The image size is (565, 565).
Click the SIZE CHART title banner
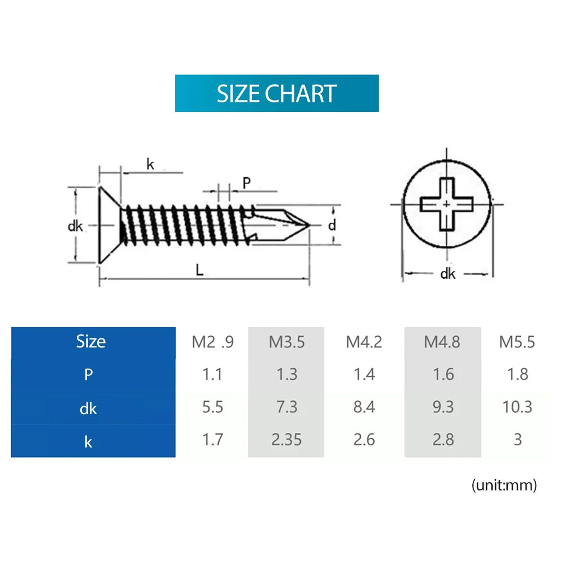click(276, 93)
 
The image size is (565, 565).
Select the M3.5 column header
click(286, 342)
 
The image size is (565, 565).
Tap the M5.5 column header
click(516, 342)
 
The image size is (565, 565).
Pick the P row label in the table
click(88, 375)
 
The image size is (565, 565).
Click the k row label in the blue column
click(88, 441)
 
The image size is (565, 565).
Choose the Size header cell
click(90, 341)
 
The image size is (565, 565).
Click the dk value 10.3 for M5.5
click(517, 407)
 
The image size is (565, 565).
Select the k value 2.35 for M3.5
click(286, 440)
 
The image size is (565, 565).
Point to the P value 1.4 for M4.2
click(364, 374)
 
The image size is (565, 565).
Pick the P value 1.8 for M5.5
click(517, 374)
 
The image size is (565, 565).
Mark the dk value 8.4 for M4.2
click(364, 407)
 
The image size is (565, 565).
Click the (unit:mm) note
click(503, 485)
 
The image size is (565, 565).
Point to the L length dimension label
click(199, 271)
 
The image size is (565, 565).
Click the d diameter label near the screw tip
click(332, 225)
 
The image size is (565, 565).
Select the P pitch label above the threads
click(246, 182)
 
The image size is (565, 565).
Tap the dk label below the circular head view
click(447, 274)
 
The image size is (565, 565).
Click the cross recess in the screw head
click(446, 204)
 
